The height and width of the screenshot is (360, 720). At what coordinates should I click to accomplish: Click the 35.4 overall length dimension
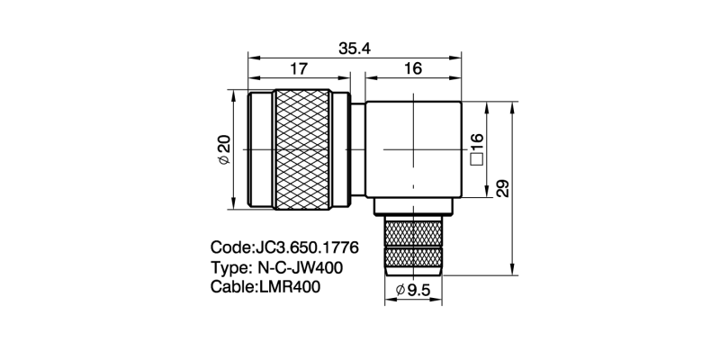tap(355, 49)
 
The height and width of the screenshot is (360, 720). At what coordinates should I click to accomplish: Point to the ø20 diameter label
tap(224, 149)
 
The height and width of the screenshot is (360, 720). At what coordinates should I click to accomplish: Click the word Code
tap(231, 247)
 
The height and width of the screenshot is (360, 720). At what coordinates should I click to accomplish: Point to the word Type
tap(230, 267)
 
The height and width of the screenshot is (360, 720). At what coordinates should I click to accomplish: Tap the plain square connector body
tap(413, 148)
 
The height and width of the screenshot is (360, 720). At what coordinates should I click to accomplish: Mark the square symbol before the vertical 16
tap(476, 160)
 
